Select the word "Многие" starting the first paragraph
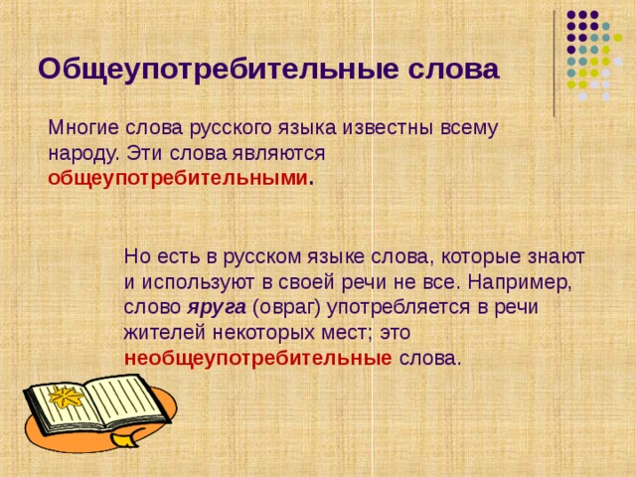point(82,129)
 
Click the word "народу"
point(82,154)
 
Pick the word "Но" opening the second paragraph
point(137,255)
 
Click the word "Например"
point(525,281)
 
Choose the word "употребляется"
point(401,307)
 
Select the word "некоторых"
point(253,333)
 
